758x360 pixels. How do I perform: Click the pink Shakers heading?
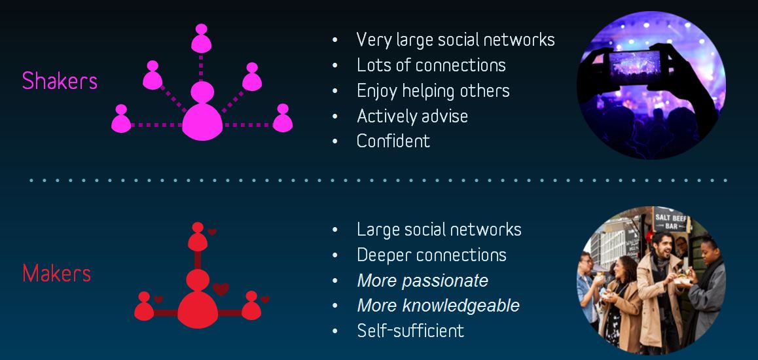tap(60, 81)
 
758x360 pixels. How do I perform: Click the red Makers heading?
tap(56, 274)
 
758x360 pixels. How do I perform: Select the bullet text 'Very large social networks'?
tap(456, 40)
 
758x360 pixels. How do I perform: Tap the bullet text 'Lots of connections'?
tap(431, 65)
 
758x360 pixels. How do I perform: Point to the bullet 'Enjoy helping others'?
tap(433, 91)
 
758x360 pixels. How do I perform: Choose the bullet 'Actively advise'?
tap(412, 116)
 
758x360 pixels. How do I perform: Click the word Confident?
tap(393, 141)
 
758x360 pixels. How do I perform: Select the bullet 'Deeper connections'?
tap(431, 255)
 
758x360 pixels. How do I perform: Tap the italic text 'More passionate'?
tap(422, 281)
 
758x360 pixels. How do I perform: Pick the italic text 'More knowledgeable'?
tap(439, 306)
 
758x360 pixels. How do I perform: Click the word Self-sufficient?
tap(410, 331)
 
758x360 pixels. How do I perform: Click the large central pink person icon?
tap(202, 111)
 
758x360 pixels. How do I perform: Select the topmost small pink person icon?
tap(201, 38)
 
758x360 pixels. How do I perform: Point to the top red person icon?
tap(198, 237)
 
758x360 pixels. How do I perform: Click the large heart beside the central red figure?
tap(221, 289)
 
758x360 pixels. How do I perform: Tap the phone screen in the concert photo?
tap(634, 67)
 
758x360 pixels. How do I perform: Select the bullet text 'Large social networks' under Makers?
tap(439, 230)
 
